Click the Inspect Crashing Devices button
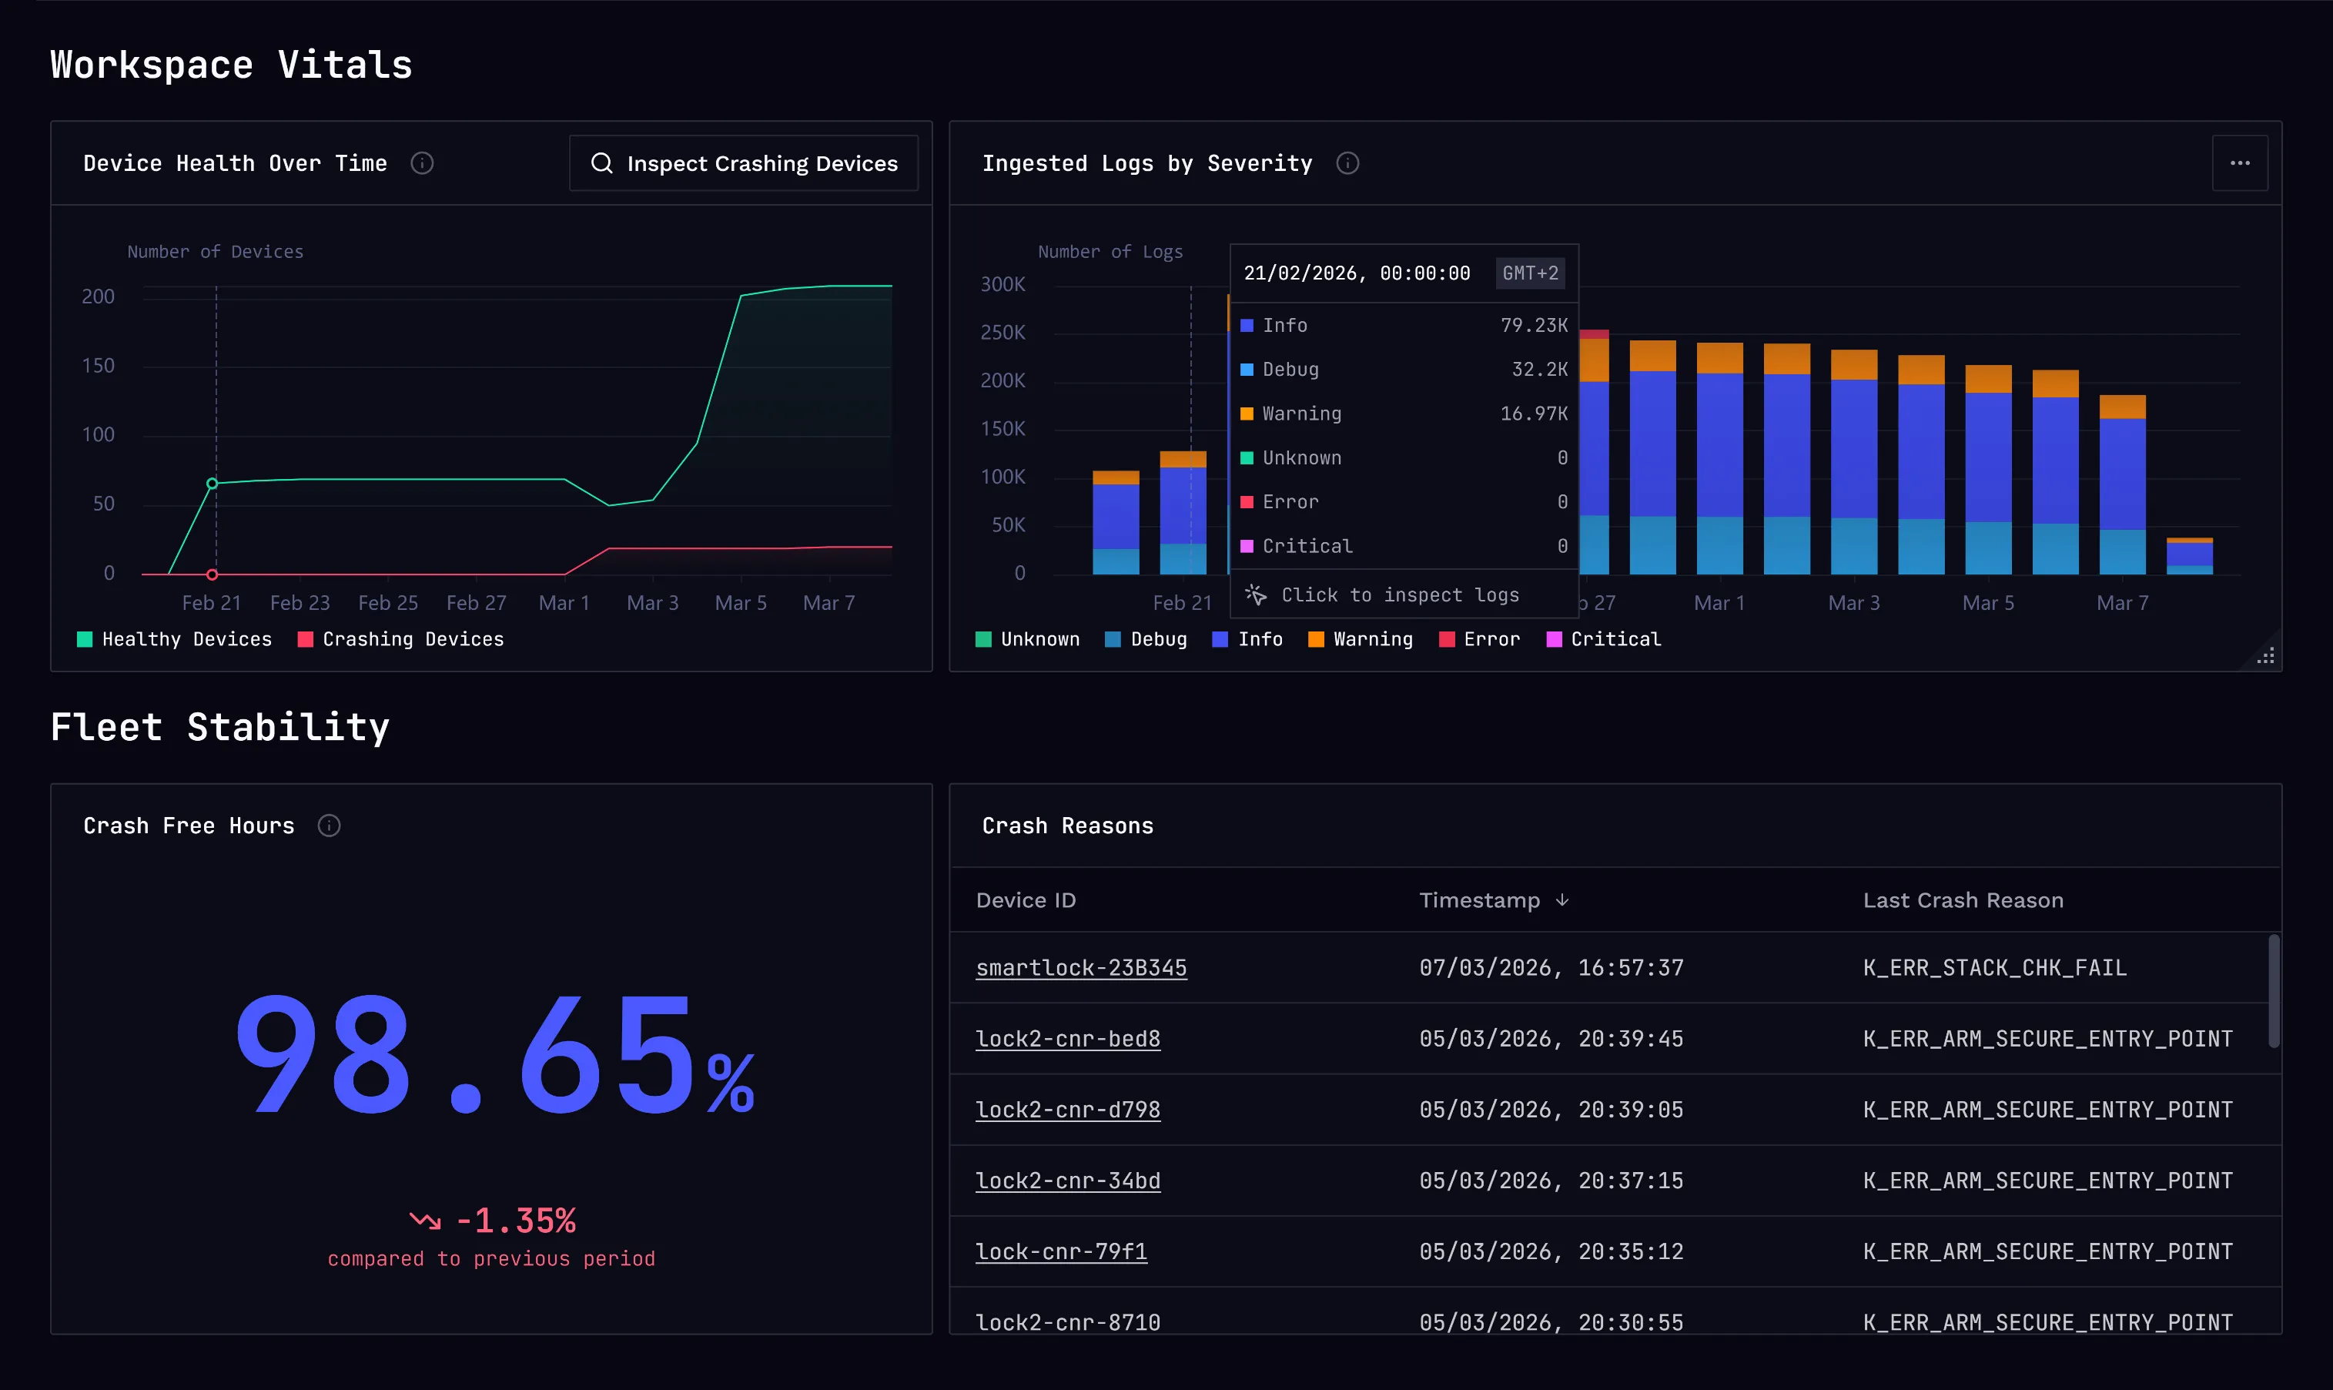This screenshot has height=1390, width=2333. pyautogui.click(x=744, y=163)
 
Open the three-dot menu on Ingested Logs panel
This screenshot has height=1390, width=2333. pyautogui.click(x=2239, y=163)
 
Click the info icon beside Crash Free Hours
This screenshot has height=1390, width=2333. pyautogui.click(x=329, y=826)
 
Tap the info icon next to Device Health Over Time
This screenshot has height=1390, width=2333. pyautogui.click(x=423, y=163)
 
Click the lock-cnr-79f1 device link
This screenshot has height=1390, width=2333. pyautogui.click(x=1061, y=1251)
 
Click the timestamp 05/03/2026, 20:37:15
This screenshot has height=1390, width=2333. pyautogui.click(x=1551, y=1181)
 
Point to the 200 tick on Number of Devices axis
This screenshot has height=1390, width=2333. pyautogui.click(x=99, y=297)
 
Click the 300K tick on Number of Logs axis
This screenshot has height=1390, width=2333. pyautogui.click(x=1002, y=284)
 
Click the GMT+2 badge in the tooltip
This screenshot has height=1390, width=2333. pyautogui.click(x=1531, y=273)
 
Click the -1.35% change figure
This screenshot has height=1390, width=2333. pyautogui.click(x=515, y=1221)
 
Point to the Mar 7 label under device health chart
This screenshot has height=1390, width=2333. pyautogui.click(x=828, y=603)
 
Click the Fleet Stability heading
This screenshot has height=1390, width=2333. pyautogui.click(x=220, y=727)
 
